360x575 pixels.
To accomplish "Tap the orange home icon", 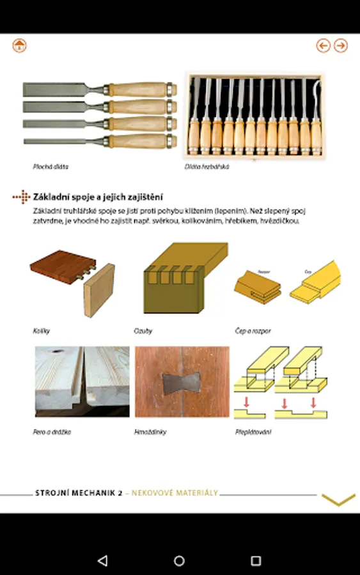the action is (19, 45).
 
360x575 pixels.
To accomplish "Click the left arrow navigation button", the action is (324, 45).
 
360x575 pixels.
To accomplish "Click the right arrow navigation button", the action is (341, 45).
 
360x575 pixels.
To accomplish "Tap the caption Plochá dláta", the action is (51, 167).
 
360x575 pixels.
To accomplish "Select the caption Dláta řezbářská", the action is (207, 167).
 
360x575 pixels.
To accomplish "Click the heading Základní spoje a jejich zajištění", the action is (98, 197).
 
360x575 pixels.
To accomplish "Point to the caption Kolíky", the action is (41, 331).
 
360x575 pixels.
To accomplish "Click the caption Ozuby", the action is (143, 331).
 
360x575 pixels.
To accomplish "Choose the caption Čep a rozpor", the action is (253, 331).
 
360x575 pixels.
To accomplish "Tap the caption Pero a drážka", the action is (52, 432).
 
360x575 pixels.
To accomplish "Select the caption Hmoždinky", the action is (150, 432).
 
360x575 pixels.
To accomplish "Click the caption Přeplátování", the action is (253, 432).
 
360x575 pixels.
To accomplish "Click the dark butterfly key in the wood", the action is (182, 384).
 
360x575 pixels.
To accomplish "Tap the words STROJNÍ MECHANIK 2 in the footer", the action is (79, 493).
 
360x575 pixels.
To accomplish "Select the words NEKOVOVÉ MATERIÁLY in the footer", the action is (175, 493).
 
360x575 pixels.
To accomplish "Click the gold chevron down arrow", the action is (338, 500).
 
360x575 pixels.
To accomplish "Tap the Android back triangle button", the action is (102, 560).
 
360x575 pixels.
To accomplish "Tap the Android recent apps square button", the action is (256, 560).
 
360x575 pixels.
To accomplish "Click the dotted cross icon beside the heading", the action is (22, 197).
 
